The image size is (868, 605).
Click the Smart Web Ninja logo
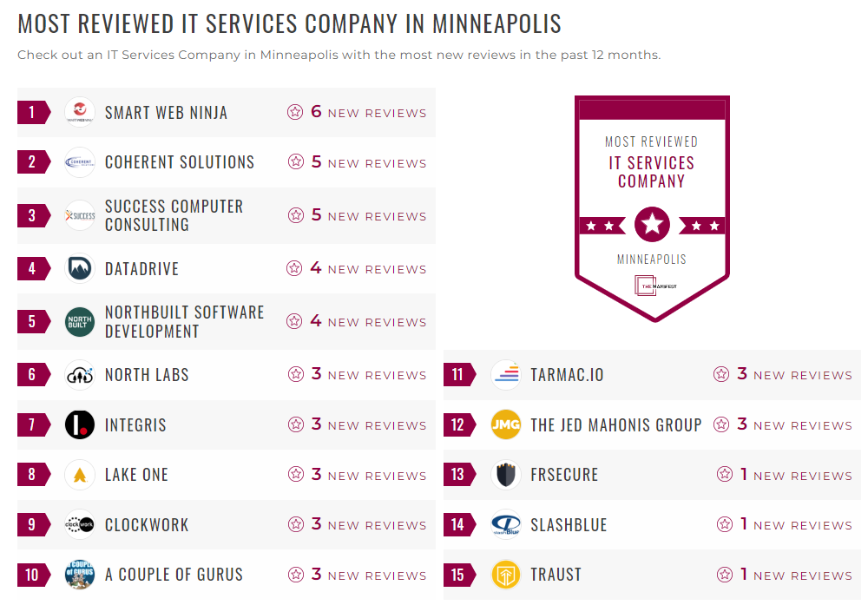(80, 112)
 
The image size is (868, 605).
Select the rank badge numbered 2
(33, 162)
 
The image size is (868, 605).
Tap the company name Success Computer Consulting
(174, 215)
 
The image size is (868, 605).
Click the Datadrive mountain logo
(80, 268)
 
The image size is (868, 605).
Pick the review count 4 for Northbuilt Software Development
(316, 321)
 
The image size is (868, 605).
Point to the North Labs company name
(147, 375)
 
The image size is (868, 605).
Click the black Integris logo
(80, 425)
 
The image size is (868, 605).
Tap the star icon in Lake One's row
(296, 475)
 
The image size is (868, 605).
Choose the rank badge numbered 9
(33, 525)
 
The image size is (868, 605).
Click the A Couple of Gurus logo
(80, 575)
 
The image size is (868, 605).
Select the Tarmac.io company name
(567, 375)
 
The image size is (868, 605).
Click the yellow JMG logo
(506, 425)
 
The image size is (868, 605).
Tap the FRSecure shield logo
(506, 475)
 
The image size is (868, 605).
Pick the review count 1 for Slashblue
(744, 524)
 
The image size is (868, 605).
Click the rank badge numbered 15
(458, 575)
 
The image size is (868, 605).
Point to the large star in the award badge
(652, 226)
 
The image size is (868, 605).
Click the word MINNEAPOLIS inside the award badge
(652, 259)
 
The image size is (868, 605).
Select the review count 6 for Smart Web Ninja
(316, 112)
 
